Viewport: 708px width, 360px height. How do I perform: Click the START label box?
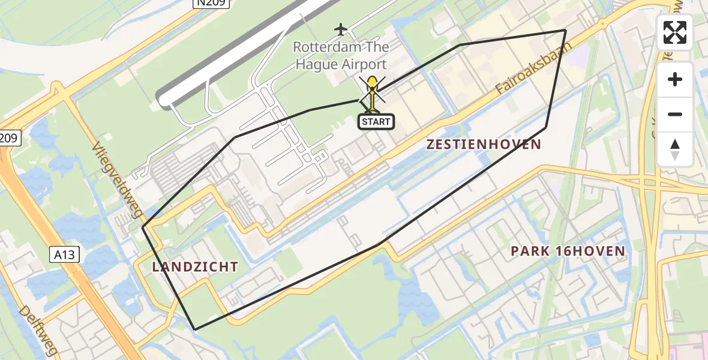tap(376, 122)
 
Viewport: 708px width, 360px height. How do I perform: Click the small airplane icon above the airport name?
tap(341, 29)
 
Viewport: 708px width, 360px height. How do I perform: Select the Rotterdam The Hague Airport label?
tap(341, 55)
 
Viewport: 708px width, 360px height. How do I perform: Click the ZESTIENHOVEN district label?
tap(484, 145)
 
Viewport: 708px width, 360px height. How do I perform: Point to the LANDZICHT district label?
tap(195, 267)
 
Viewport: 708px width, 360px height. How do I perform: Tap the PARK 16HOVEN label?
tap(568, 251)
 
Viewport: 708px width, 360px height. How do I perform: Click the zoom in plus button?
tap(675, 79)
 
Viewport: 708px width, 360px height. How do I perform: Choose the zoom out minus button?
tap(675, 114)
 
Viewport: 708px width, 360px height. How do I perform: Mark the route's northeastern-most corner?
tap(565, 30)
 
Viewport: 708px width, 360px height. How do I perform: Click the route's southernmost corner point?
tap(195, 329)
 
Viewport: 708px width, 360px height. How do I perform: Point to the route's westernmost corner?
tap(143, 228)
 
